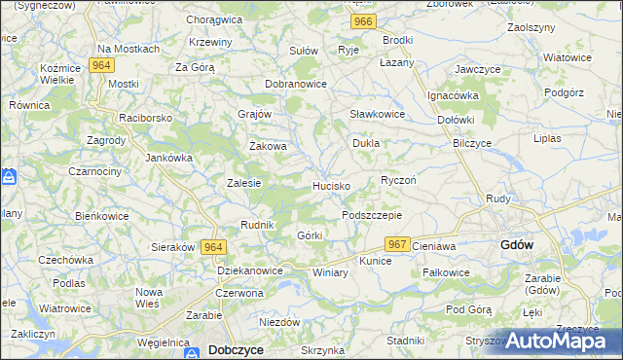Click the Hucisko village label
(x=331, y=185)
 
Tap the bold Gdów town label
(x=515, y=245)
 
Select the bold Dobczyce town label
(x=235, y=350)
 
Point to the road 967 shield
(x=396, y=244)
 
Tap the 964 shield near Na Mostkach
(x=99, y=65)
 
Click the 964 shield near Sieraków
(x=213, y=248)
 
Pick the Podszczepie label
(x=371, y=215)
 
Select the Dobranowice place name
(x=295, y=85)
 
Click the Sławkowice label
(x=377, y=114)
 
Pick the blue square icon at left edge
(x=9, y=178)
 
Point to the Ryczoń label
(x=398, y=181)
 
